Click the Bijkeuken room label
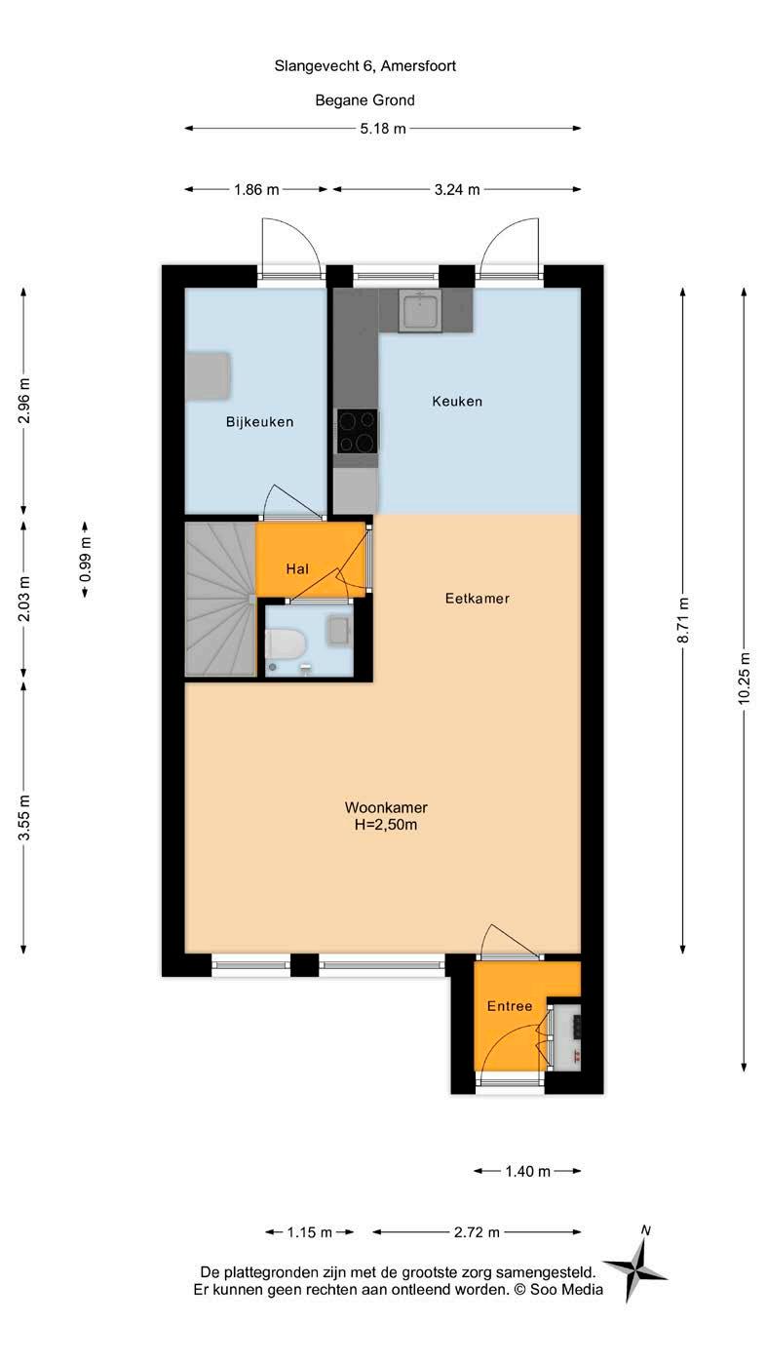259,422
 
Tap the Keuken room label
457,401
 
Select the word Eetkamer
477,598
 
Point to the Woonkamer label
386,807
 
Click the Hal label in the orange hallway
297,569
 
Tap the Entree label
510,1006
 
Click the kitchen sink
420,310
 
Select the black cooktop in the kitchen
357,431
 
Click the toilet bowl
285,644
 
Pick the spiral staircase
219,599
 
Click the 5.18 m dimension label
383,129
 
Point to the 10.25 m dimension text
744,679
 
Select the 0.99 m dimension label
85,559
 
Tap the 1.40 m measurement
527,1171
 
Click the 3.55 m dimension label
23,817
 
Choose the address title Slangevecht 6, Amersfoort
364,65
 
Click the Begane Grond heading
364,100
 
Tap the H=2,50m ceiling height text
386,825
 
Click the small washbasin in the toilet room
337,631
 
